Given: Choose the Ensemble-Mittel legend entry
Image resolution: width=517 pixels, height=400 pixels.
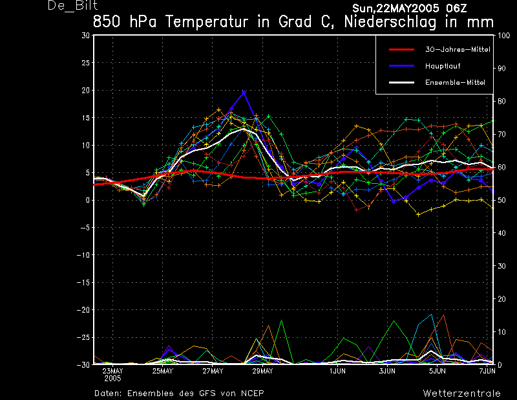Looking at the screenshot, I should [x=454, y=83].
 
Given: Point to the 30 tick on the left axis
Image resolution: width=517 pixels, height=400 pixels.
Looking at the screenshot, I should [x=85, y=36].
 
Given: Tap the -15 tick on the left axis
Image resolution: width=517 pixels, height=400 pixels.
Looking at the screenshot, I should [x=83, y=283].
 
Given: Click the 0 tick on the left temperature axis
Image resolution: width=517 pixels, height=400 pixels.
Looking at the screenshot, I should [x=87, y=201].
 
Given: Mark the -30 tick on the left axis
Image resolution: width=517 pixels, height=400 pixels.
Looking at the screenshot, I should [x=83, y=365].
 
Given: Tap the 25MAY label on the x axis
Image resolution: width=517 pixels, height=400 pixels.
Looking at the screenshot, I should [x=163, y=372].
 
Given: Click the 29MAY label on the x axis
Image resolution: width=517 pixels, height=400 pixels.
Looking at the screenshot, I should [x=262, y=372].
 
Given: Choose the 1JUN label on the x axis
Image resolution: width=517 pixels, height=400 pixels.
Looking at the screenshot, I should [x=337, y=372].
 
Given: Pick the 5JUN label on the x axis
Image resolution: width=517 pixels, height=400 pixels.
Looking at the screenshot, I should [x=438, y=372].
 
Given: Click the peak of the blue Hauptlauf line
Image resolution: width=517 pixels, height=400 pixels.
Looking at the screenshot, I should [x=244, y=92].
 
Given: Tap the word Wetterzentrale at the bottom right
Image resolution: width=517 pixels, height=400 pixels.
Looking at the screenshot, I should [x=461, y=393].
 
